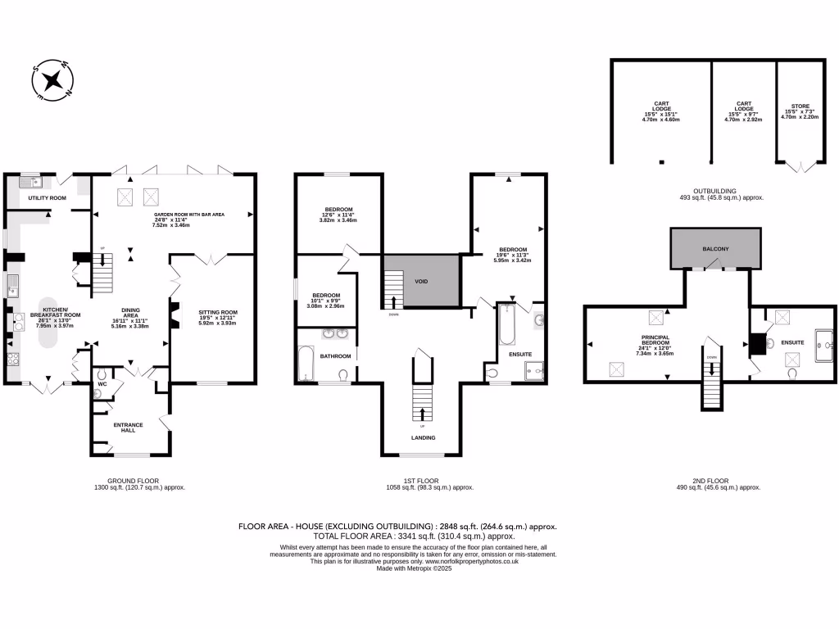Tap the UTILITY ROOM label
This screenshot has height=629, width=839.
tap(47, 198)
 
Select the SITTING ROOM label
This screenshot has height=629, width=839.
tap(217, 312)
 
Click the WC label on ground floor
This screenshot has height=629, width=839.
tap(102, 382)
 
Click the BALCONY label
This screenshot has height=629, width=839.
tap(715, 248)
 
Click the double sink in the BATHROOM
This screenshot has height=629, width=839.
tap(336, 334)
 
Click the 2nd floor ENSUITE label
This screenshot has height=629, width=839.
tap(791, 342)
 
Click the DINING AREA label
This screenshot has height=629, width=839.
tap(129, 313)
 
